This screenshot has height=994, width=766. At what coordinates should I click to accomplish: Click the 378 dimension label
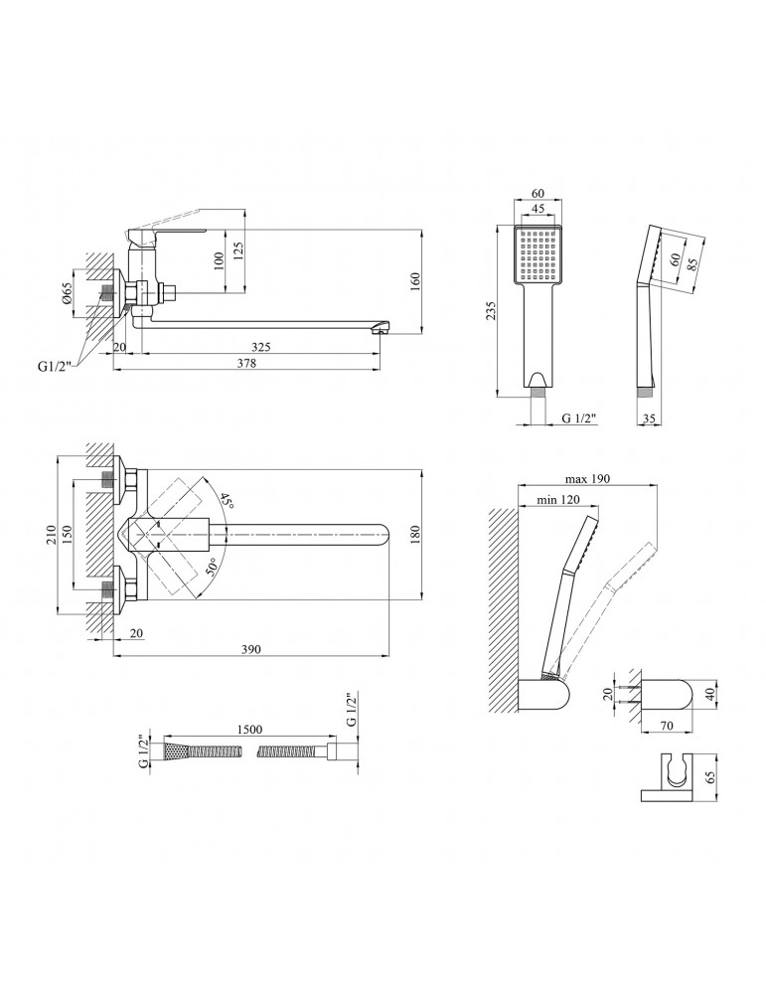(x=246, y=363)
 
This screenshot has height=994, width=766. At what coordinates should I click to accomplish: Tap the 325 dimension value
(x=260, y=347)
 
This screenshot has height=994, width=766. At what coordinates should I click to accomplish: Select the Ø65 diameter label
(x=67, y=292)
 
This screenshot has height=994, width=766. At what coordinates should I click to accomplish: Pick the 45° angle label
(x=227, y=503)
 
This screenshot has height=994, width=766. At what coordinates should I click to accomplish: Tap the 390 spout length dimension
(x=251, y=648)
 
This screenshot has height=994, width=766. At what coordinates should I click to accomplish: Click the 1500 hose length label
(x=249, y=730)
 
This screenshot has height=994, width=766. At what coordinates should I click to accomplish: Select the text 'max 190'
(x=587, y=479)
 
